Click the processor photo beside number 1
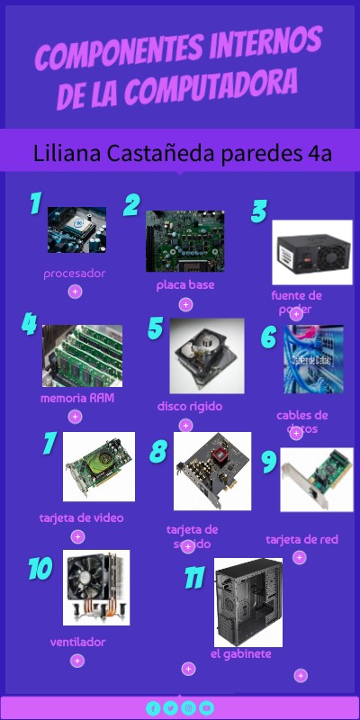pyautogui.click(x=76, y=229)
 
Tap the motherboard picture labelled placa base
pyautogui.click(x=184, y=240)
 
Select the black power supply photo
pyautogui.click(x=311, y=252)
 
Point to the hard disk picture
pyautogui.click(x=207, y=355)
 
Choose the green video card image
pyautogui.click(x=99, y=466)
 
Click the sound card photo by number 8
pyautogui.click(x=212, y=471)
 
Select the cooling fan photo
pyautogui.click(x=96, y=588)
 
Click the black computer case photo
pyautogui.click(x=247, y=601)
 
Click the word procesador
pyautogui.click(x=75, y=273)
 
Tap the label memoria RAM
pyautogui.click(x=77, y=397)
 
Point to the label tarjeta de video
pyautogui.click(x=82, y=517)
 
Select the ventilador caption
pyautogui.click(x=78, y=642)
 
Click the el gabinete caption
pyautogui.click(x=240, y=653)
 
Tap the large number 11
pyautogui.click(x=195, y=577)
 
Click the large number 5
pyautogui.click(x=155, y=328)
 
